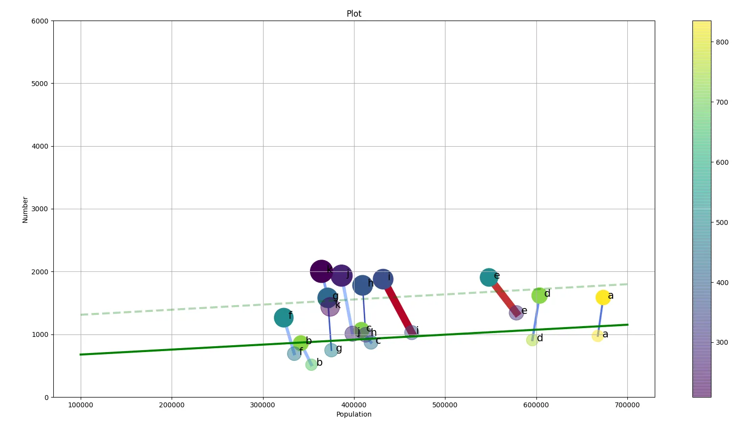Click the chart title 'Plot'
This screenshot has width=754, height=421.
(354, 14)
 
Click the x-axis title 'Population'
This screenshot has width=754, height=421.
(354, 414)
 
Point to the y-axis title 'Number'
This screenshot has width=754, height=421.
(25, 210)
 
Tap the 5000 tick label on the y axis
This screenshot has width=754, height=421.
(39, 84)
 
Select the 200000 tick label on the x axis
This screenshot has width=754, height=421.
(172, 405)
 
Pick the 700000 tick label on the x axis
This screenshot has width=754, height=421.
(627, 405)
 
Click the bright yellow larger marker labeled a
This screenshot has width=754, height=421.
(603, 297)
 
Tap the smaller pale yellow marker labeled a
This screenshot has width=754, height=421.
(598, 335)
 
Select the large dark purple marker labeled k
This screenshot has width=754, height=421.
(321, 271)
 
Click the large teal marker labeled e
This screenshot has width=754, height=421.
(488, 278)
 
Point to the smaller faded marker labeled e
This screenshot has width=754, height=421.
(516, 313)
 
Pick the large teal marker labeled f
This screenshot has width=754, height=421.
(283, 318)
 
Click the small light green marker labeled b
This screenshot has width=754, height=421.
(311, 364)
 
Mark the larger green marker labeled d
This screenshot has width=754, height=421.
(538, 295)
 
